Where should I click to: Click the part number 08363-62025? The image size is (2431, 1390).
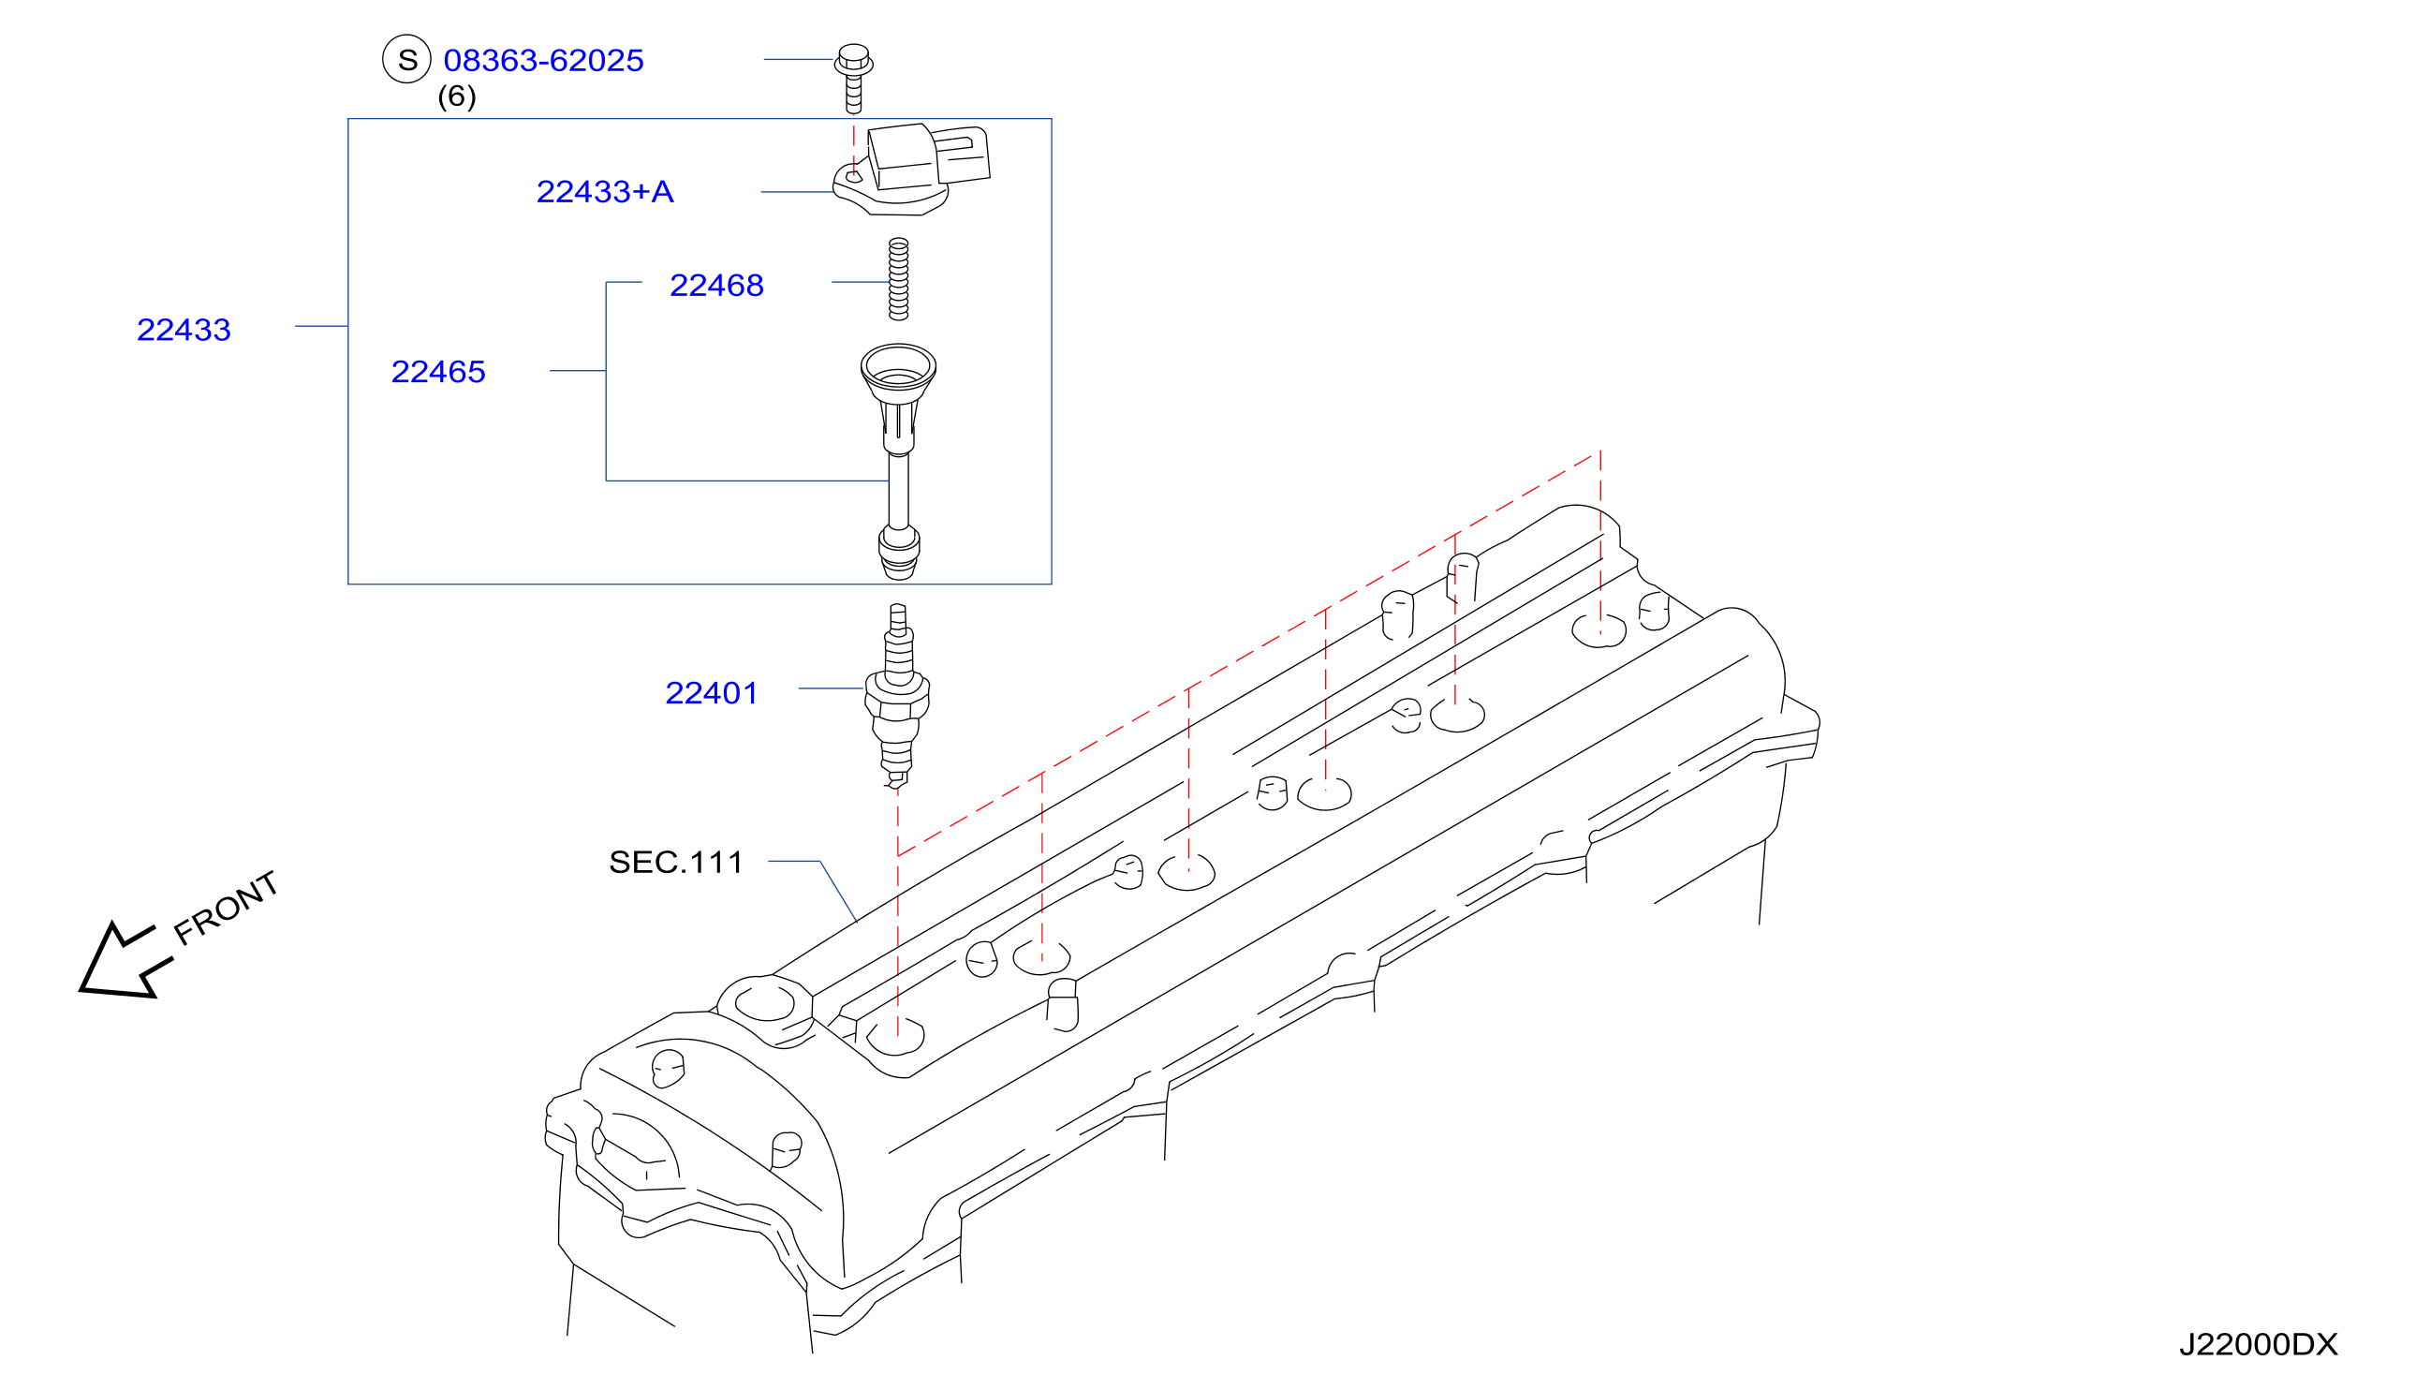543,60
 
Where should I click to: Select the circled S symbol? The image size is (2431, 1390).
406,59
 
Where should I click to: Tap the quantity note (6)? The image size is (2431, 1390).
456,96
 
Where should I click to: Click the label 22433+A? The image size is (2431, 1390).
605,192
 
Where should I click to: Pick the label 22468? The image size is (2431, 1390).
716,286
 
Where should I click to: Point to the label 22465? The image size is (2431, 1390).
438,371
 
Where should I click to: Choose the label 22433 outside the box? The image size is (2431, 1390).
184,330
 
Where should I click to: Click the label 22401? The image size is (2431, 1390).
711,693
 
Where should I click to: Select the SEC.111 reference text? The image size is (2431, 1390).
676,862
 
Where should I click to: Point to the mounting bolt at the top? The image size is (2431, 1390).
853,79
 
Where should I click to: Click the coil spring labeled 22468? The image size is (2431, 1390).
898,279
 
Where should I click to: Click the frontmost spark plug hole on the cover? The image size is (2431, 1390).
895,1036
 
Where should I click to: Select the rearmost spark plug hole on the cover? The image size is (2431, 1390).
1599,630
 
